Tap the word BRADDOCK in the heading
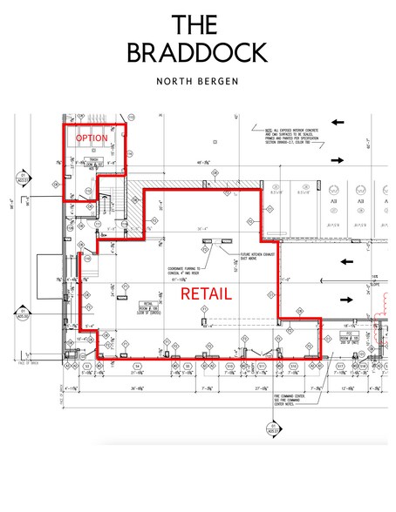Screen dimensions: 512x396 (196, 52)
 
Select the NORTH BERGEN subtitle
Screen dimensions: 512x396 (197, 84)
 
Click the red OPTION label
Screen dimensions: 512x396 (92, 138)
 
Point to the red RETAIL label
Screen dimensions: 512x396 (206, 294)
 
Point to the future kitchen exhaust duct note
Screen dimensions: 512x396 (258, 258)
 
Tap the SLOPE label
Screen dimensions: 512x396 (374, 283)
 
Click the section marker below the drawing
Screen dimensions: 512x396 (272, 427)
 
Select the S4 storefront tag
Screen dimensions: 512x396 (139, 367)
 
